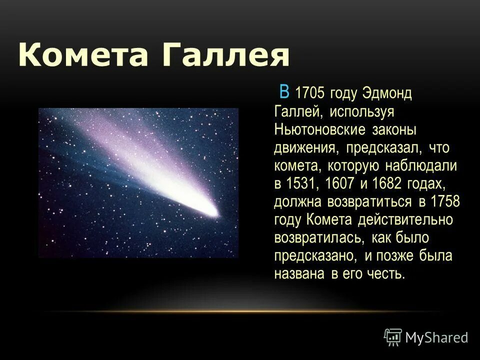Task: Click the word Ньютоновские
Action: pyautogui.click(x=320, y=130)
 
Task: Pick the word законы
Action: pyautogui.click(x=394, y=130)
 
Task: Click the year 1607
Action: pyautogui.click(x=339, y=184)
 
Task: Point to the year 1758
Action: pyautogui.click(x=444, y=202)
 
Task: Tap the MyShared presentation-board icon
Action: pyautogui.click(x=393, y=337)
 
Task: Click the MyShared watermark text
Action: pyautogui.click(x=436, y=337)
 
